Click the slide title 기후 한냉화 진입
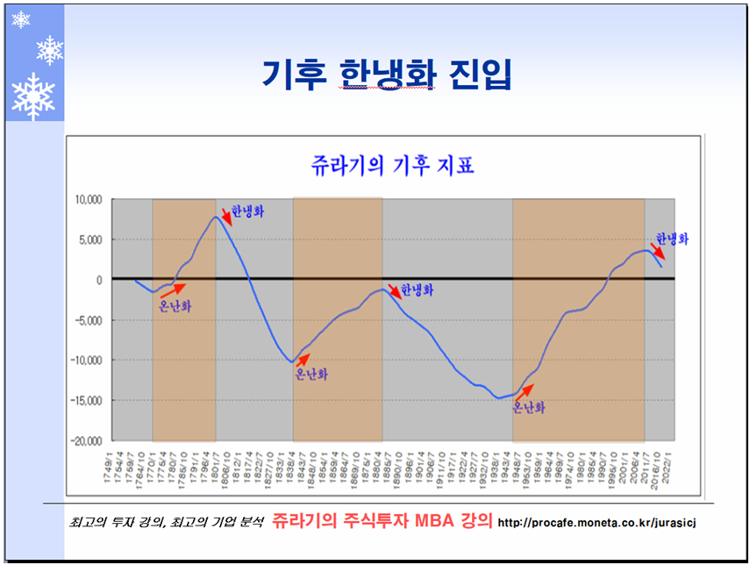[387, 75]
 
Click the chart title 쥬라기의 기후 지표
[392, 165]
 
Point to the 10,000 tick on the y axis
[89, 200]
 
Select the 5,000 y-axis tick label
[92, 240]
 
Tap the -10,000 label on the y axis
[88, 361]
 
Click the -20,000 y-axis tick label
[88, 440]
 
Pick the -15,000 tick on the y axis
[88, 401]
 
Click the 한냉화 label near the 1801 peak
[248, 211]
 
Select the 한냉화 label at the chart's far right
[673, 238]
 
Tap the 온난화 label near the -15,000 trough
[529, 408]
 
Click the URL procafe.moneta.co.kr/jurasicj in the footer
[597, 523]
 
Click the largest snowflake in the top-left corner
[33, 96]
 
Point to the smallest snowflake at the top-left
[20, 19]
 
